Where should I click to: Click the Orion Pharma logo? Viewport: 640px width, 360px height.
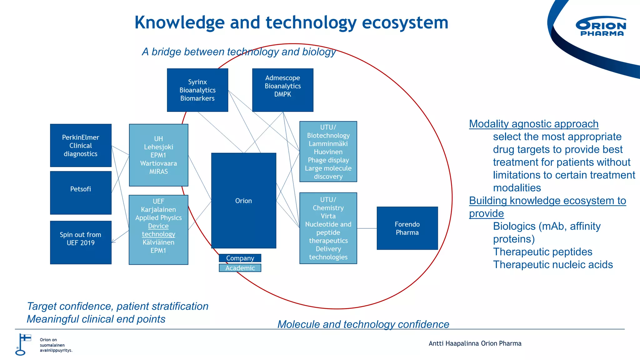tap(601, 27)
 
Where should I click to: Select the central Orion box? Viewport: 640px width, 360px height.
tap(243, 201)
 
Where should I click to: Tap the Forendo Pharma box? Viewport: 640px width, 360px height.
tap(407, 228)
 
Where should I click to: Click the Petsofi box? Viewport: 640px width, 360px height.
tap(81, 192)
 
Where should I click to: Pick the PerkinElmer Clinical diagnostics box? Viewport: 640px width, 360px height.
tap(81, 145)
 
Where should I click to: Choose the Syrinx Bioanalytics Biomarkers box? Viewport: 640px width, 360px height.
tap(197, 90)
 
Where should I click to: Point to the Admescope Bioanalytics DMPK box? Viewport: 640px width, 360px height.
tap(282, 90)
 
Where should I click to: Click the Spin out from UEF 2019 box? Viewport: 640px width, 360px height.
tap(81, 242)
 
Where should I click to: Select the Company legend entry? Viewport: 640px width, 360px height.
tap(240, 258)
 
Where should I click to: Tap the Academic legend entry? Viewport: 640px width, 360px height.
tap(240, 268)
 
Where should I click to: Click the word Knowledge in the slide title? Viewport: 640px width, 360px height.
tap(179, 22)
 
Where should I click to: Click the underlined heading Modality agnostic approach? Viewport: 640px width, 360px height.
tap(533, 124)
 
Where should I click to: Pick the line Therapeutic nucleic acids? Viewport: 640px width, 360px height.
tap(552, 264)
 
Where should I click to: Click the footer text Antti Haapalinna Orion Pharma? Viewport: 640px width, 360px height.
tap(475, 343)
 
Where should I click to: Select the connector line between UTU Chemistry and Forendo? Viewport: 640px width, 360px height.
tap(367, 228)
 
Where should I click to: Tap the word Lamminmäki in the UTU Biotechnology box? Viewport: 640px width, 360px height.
tap(328, 144)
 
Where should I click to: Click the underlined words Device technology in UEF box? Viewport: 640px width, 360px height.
tap(158, 230)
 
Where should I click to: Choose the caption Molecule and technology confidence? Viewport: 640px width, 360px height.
tap(363, 324)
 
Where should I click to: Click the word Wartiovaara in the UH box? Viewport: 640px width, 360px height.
tap(158, 163)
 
